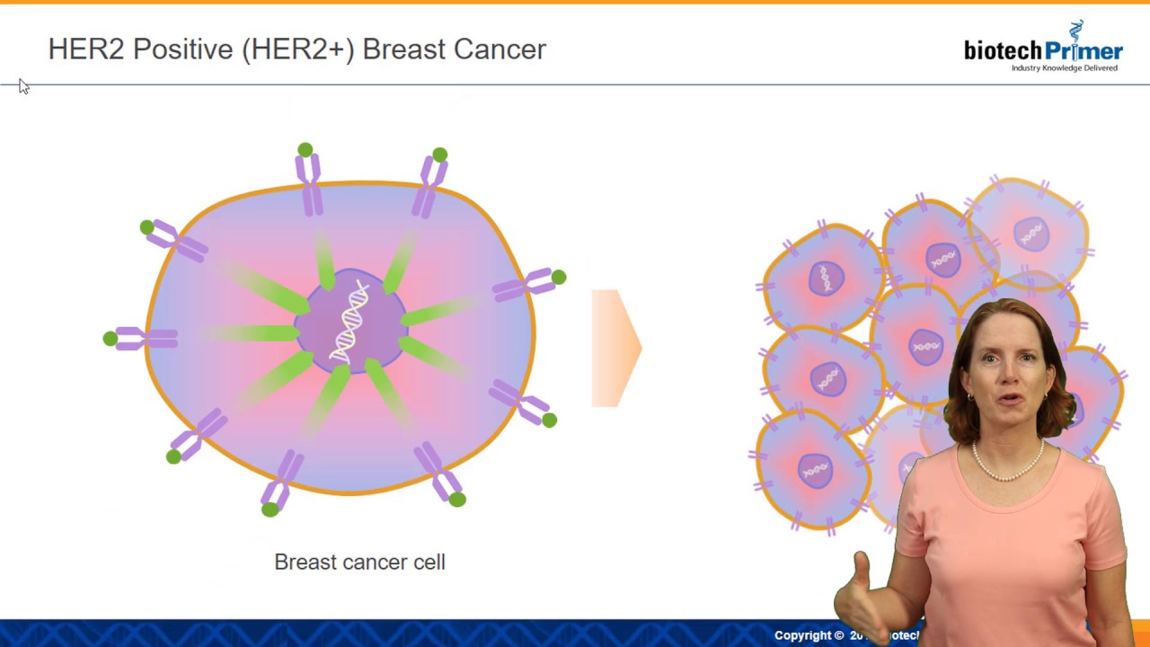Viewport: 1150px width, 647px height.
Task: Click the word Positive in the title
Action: click(x=182, y=49)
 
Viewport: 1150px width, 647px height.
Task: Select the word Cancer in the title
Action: click(x=500, y=49)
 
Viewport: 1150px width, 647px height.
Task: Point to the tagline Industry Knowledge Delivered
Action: click(x=1065, y=68)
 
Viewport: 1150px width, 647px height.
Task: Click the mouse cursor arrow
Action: click(x=23, y=86)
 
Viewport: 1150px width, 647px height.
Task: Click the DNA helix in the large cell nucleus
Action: click(x=351, y=321)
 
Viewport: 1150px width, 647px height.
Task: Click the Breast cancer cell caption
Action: click(x=359, y=563)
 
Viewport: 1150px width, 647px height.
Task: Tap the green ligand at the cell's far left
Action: click(x=110, y=339)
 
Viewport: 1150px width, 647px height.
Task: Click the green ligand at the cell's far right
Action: click(x=559, y=278)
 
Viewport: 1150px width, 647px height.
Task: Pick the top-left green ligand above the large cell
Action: click(x=305, y=150)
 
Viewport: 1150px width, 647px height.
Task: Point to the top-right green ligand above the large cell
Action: click(x=439, y=155)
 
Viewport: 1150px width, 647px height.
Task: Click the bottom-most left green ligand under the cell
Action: click(x=270, y=510)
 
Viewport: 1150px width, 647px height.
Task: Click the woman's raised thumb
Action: click(x=862, y=566)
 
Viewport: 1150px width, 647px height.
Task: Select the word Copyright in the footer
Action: click(x=809, y=635)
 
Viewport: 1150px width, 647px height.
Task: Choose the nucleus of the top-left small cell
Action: click(x=826, y=278)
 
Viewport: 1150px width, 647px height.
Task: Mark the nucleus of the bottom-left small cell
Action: click(x=815, y=470)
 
